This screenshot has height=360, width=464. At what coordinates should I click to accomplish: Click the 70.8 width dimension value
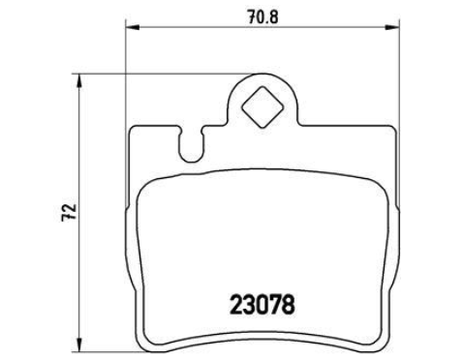263,16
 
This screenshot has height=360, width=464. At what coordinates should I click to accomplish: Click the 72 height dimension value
70,212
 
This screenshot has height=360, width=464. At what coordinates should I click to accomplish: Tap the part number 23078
263,305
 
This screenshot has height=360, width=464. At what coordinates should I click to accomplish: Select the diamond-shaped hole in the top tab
263,107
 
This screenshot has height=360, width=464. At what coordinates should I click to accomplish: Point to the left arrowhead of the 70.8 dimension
132,27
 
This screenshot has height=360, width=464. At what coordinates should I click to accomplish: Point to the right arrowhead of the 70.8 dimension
392,27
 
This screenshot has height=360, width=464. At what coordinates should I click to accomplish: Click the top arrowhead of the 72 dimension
78,81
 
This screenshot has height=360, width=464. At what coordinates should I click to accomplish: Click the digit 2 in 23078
235,305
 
